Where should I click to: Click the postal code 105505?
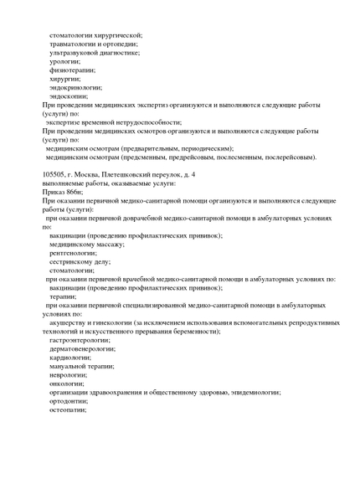point(57,174)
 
